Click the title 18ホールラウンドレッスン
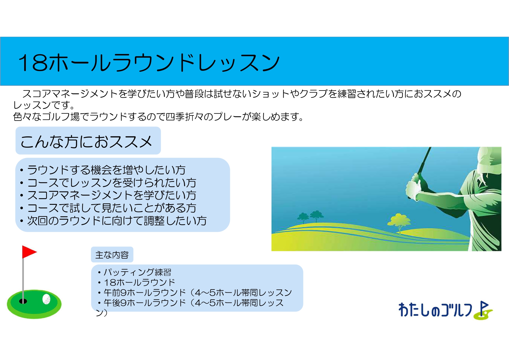(149, 62)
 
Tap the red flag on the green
(29, 252)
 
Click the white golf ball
(46, 299)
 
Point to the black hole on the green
(23, 301)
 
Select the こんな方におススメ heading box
(88, 141)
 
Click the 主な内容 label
(112, 255)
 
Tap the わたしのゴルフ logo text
(435, 310)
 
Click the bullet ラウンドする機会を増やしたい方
(103, 170)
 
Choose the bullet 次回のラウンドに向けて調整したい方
(113, 221)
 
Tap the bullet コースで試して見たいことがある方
(108, 208)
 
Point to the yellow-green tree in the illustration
(399, 222)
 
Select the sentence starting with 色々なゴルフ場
(158, 117)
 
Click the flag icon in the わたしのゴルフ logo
(483, 310)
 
